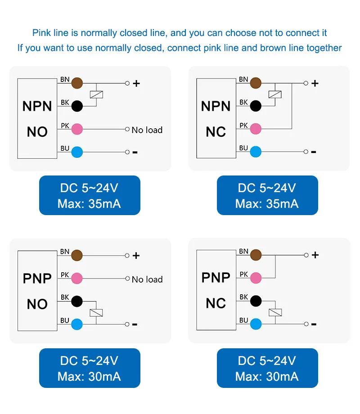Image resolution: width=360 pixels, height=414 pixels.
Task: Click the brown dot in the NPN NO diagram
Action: [x=77, y=83]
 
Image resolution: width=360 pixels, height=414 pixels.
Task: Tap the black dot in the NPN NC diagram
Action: [x=256, y=106]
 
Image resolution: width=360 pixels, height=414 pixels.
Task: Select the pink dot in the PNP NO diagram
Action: [x=77, y=278]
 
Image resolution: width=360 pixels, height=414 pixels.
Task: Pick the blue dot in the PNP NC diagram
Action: [x=256, y=324]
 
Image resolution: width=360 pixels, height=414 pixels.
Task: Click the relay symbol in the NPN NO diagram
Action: [x=97, y=94]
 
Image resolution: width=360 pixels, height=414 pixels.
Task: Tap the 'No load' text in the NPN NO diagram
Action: [x=147, y=130]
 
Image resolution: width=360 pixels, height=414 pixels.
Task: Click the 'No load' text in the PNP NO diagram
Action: [x=147, y=279]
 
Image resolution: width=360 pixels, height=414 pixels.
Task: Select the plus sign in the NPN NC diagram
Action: [x=315, y=83]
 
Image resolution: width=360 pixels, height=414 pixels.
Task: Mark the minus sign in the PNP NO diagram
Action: [x=135, y=324]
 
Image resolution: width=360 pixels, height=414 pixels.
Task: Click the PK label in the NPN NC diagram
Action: [x=243, y=126]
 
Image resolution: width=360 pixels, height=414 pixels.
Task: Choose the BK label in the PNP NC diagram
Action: [x=243, y=297]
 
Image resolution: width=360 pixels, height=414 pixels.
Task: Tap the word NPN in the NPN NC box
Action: [x=216, y=106]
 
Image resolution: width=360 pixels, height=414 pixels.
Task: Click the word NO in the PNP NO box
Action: [x=37, y=304]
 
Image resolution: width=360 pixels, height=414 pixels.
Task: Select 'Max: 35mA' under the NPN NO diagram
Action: [x=89, y=204]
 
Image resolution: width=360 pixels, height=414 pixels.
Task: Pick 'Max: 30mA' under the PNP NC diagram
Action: [x=267, y=376]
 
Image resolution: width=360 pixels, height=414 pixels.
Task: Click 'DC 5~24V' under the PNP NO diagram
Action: [x=89, y=360]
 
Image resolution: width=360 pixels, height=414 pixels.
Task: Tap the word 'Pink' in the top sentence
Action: [x=41, y=33]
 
